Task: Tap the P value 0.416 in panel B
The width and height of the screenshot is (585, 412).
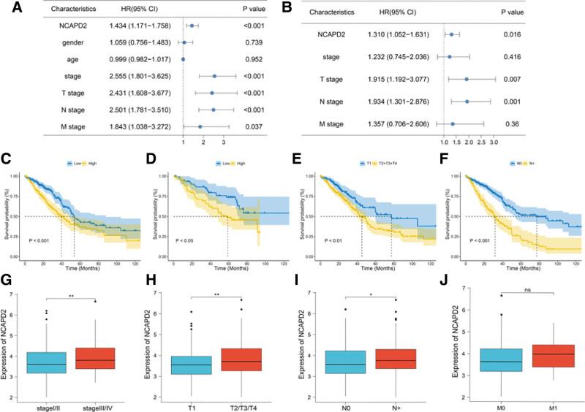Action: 537,75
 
